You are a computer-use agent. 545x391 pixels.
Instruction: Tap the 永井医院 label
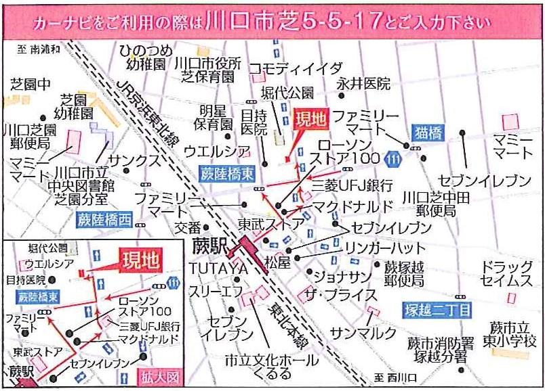[364, 84]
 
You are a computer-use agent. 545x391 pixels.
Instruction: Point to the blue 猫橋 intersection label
[428, 131]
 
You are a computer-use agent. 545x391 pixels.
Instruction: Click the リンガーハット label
[376, 248]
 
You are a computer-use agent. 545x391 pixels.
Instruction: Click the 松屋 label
[277, 260]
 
